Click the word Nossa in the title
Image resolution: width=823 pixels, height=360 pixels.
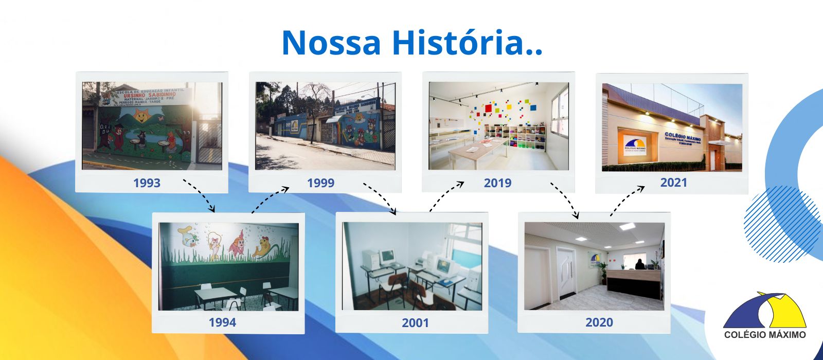pos(331,43)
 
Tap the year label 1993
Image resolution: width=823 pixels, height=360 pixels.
pos(147,183)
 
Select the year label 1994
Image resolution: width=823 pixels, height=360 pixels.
pos(222,322)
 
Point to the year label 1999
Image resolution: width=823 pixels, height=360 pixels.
pos(320,183)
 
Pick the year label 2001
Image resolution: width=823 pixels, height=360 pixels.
pos(415,322)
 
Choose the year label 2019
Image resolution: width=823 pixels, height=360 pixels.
pos(497,183)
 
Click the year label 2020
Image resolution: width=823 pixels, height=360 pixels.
pos(599,322)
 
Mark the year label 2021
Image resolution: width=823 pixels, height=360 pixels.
pos(673,182)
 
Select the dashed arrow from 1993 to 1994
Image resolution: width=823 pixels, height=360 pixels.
pos(200,194)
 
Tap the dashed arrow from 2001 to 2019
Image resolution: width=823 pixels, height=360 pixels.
pos(446,196)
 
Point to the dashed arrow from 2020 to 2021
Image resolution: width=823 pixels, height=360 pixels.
pos(627,200)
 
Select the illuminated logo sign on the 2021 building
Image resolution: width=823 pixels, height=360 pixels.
pos(635,144)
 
